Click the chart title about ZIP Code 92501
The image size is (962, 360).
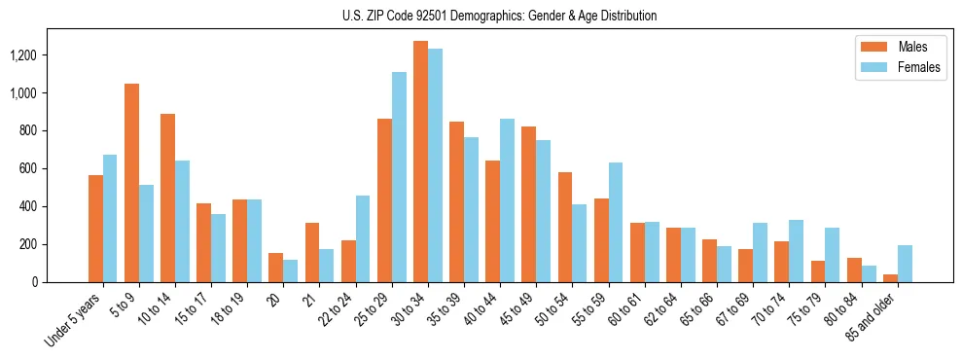(x=500, y=16)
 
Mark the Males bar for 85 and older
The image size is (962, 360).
(x=890, y=278)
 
